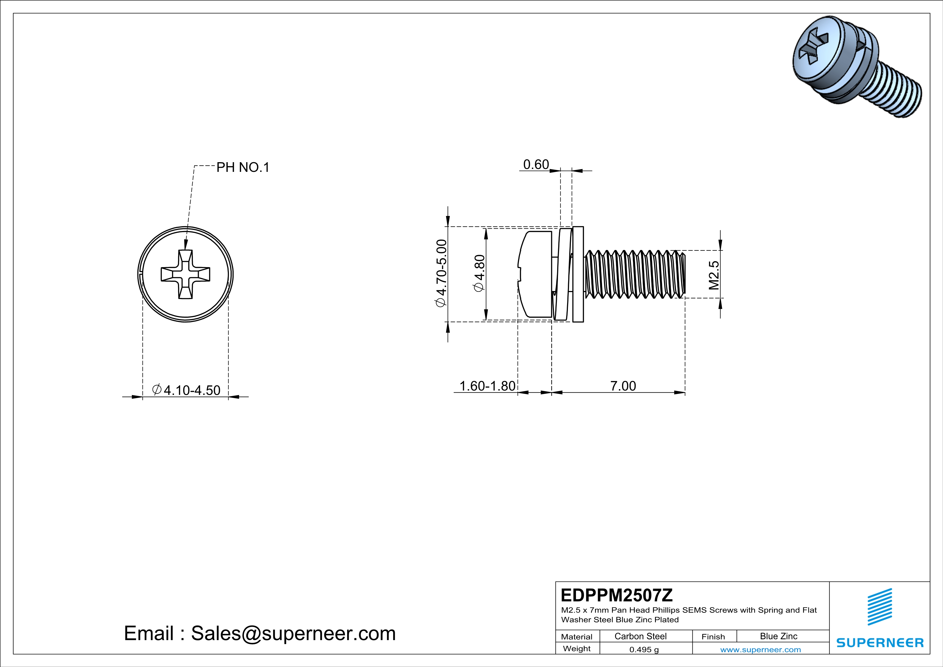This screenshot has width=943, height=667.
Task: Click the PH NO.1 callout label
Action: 243,167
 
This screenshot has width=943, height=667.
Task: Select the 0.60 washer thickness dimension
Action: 536,164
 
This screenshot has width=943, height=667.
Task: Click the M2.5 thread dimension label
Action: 714,275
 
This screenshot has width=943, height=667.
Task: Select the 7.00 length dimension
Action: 623,386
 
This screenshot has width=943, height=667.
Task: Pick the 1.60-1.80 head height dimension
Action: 487,386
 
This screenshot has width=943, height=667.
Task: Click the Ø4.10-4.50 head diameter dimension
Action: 186,390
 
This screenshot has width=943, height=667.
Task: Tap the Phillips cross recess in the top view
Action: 185,274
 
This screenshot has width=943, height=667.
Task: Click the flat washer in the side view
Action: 578,274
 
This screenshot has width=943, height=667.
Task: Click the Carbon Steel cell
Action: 640,636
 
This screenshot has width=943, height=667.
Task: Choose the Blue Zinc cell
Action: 778,636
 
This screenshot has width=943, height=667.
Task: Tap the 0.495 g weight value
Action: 643,649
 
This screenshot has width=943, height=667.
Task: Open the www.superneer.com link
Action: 760,649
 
